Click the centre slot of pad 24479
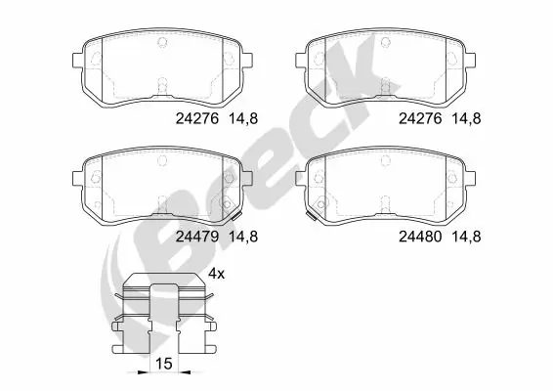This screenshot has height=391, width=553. [x=163, y=204]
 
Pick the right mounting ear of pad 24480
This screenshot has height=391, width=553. [x=476, y=176]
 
